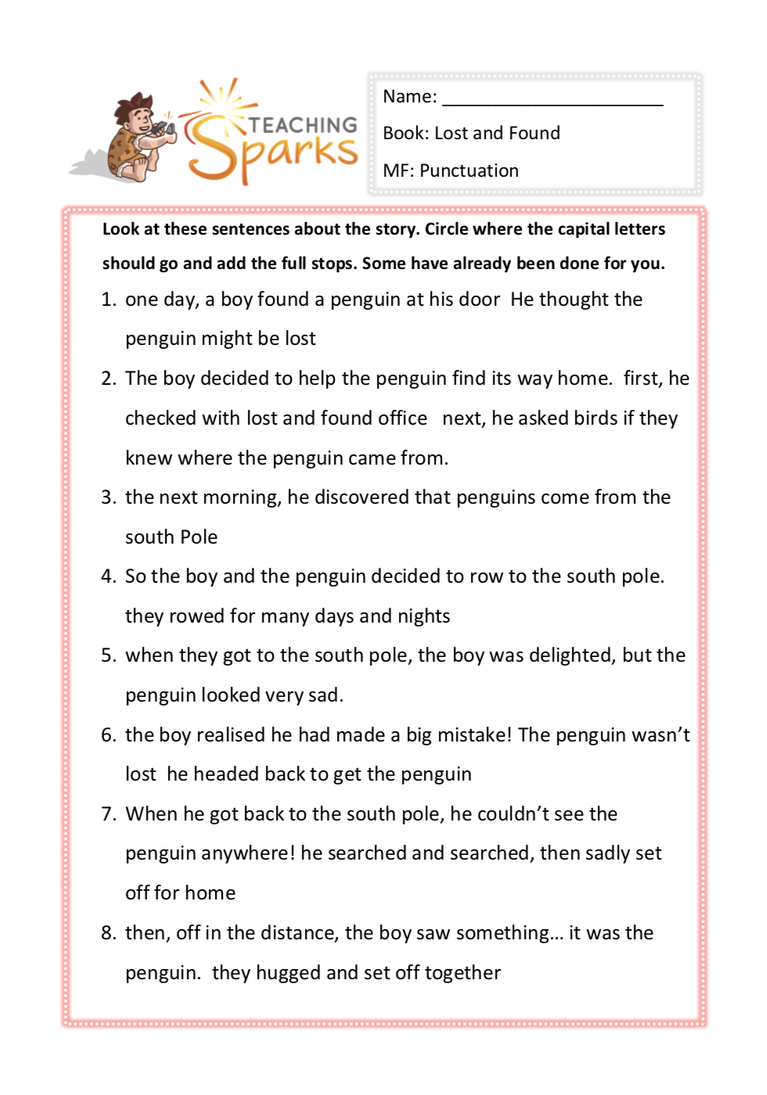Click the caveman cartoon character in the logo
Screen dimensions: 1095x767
click(x=139, y=138)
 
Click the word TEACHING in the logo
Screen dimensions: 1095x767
click(x=303, y=125)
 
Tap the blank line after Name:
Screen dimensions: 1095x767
click(x=553, y=99)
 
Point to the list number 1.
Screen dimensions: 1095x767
click(x=108, y=300)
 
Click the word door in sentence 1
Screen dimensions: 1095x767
click(x=479, y=300)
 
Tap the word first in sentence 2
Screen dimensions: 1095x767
click(x=642, y=379)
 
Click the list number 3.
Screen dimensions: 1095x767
click(x=108, y=497)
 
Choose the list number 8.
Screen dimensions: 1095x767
click(x=108, y=933)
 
